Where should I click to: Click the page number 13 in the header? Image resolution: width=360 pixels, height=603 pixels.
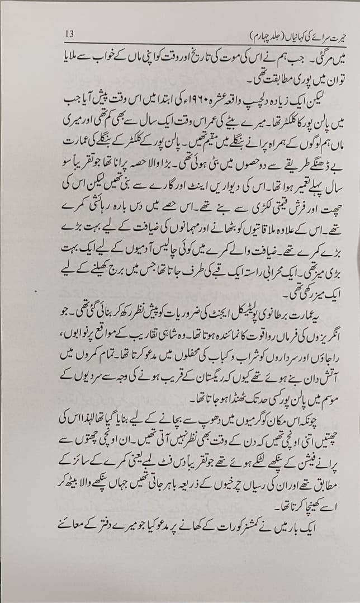click(70, 33)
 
